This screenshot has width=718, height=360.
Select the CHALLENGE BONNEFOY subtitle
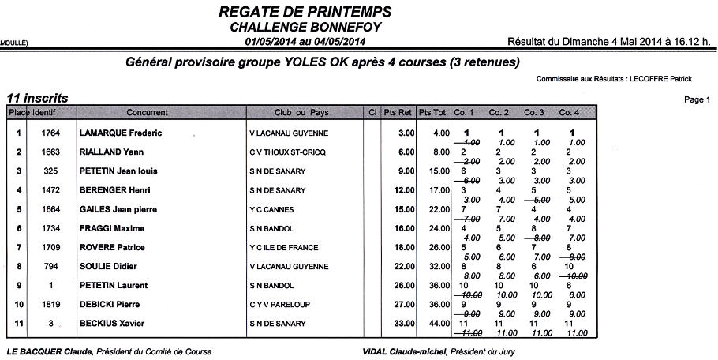click(304, 27)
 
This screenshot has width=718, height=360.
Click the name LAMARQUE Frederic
click(121, 133)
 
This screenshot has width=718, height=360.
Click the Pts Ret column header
click(398, 113)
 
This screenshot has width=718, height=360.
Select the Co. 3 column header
click(534, 113)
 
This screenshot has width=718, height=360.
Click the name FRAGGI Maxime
click(112, 229)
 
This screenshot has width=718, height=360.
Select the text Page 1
click(698, 100)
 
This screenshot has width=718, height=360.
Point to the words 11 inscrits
click(37, 98)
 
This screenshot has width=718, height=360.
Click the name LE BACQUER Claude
click(50, 351)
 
